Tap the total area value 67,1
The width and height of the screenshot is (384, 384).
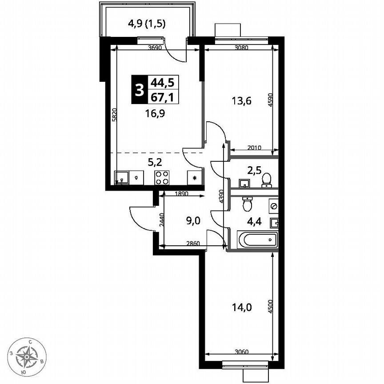tap(162, 96)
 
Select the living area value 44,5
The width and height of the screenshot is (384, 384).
tap(162, 82)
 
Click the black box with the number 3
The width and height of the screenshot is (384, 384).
tap(139, 89)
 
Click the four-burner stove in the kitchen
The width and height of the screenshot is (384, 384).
tap(162, 177)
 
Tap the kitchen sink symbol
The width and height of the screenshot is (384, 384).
tap(120, 178)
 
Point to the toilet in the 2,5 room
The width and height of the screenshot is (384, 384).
tap(267, 180)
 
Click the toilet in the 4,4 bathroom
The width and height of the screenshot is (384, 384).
tap(248, 204)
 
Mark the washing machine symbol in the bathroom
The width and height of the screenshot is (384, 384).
tap(273, 206)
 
